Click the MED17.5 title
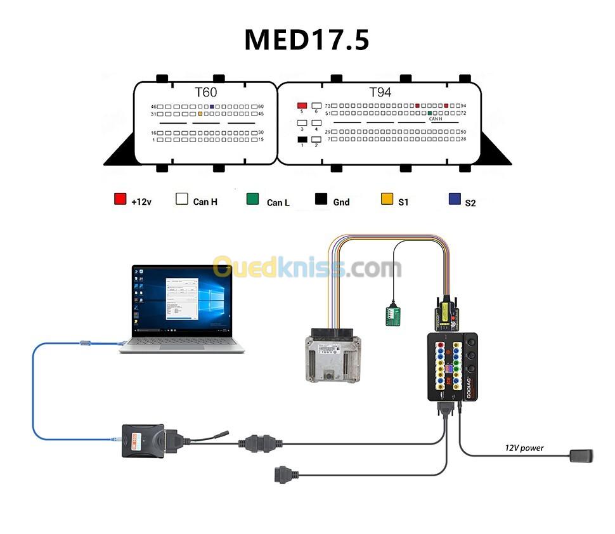click(307, 40)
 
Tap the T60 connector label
click(205, 92)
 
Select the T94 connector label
click(380, 92)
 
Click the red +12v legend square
click(120, 199)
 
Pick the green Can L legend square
click(252, 199)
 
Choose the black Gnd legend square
click(321, 199)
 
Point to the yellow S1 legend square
click(387, 199)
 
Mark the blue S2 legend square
click(454, 199)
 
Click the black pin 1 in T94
click(302, 140)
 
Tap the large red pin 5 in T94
click(302, 105)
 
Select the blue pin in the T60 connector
click(211, 106)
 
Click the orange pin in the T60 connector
click(200, 114)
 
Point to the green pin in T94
click(430, 113)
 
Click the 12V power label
click(524, 448)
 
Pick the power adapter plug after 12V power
click(581, 455)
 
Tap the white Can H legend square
click(182, 199)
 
